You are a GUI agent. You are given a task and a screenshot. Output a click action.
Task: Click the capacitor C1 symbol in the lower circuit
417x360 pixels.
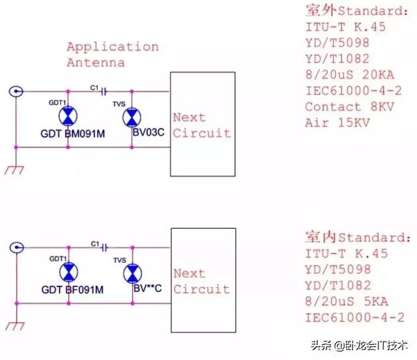tap(102, 247)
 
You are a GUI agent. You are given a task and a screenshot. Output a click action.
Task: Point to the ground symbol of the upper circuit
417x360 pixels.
tap(14, 169)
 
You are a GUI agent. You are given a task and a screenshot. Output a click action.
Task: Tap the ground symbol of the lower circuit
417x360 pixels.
tap(14, 324)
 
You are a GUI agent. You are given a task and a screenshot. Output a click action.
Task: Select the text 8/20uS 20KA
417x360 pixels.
tap(350, 75)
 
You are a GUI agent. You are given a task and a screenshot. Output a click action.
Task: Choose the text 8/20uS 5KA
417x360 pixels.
tap(346, 301)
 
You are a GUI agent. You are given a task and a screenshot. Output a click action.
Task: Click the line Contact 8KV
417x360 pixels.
tap(341, 107)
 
